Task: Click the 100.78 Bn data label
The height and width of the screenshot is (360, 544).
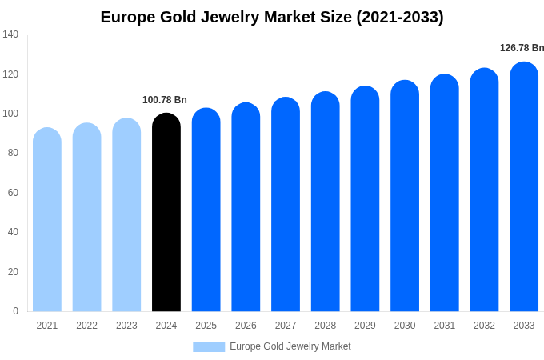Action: click(x=165, y=100)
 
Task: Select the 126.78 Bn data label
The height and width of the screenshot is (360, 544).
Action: click(x=522, y=48)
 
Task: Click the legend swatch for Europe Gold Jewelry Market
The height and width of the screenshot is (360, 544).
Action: click(x=209, y=346)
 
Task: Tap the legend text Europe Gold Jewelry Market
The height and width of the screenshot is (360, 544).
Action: click(x=290, y=346)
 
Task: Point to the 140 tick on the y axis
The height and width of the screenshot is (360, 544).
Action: click(x=10, y=34)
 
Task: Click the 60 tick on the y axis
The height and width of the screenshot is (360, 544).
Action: click(x=13, y=193)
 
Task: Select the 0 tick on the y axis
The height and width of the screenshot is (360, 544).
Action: click(x=15, y=311)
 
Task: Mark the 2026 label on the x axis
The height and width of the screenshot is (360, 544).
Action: click(x=246, y=326)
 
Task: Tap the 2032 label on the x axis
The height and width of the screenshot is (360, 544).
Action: click(x=484, y=326)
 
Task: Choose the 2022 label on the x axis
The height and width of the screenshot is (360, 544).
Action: click(x=86, y=326)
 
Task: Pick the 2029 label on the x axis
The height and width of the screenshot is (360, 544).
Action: click(x=365, y=326)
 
